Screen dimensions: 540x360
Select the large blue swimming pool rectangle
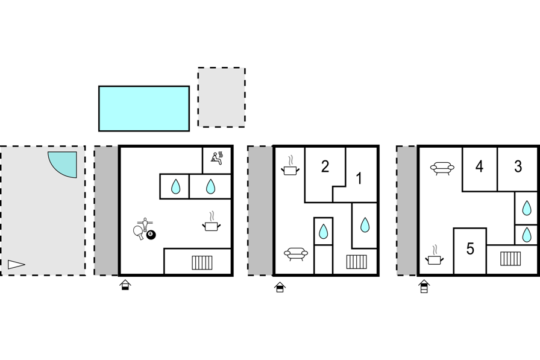point(144,109)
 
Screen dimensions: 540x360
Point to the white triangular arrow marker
point(16,264)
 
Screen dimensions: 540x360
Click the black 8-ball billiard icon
point(151,235)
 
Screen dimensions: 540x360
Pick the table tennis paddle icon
point(139,232)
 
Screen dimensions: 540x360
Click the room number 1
point(359,178)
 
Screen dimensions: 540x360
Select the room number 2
point(325,166)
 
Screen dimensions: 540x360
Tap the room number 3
point(518,166)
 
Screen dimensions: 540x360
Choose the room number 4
point(479,166)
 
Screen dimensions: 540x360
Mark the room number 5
point(470,248)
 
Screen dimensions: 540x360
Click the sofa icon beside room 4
point(442,168)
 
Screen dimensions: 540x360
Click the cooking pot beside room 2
point(290,166)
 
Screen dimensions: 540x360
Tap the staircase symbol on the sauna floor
point(202,262)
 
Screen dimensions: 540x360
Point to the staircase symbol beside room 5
point(510,259)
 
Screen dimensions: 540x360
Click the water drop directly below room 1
point(365,224)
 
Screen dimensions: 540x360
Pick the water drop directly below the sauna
point(210,186)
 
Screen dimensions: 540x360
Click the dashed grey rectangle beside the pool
point(221,97)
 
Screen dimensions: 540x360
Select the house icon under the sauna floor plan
point(125,285)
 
